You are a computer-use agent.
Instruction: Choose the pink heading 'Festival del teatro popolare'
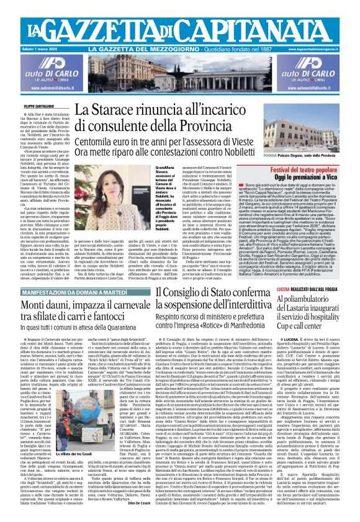tap(307, 163)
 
